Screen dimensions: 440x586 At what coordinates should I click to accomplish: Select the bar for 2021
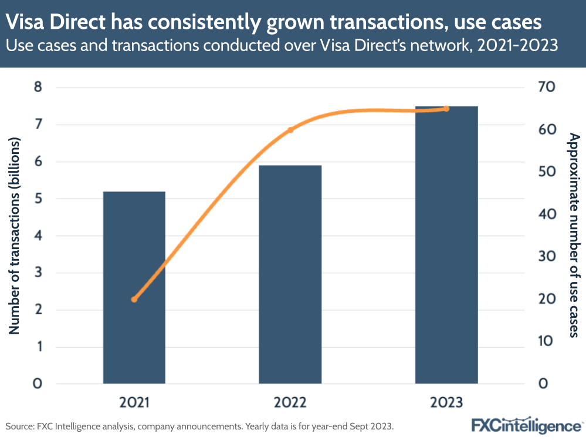coord(134,287)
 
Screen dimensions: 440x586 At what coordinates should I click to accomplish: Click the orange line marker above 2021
coord(134,299)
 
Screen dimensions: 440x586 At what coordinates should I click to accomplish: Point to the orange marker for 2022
coord(290,129)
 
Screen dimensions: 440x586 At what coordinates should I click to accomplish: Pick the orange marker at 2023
coord(446,109)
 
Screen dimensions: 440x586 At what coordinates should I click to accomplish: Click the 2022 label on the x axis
coord(290,403)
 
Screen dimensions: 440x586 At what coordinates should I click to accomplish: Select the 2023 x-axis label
coord(446,403)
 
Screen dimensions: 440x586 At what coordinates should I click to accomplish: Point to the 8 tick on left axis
coord(38,88)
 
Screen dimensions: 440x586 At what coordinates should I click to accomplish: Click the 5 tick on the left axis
coord(38,199)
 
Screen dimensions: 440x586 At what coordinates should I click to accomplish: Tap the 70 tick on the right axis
coord(551,88)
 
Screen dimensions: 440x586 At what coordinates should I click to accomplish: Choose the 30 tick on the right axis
coord(551,257)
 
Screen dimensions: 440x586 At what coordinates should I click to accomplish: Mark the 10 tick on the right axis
coord(551,341)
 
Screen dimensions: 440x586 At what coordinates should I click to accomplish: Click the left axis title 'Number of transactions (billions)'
coord(15,236)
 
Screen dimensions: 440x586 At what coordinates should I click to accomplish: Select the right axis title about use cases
coord(574,236)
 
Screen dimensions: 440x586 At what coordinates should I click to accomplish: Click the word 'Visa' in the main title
coord(26,22)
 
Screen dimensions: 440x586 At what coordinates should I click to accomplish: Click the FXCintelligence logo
coord(526,424)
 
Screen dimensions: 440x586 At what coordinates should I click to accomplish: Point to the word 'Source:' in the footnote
coord(21,425)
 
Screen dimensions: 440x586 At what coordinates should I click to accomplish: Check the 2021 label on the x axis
coord(134,403)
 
